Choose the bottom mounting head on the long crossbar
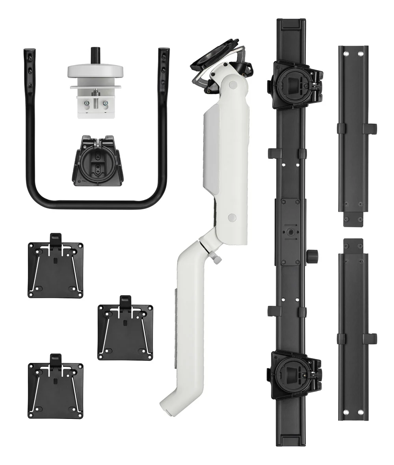tap(294, 375)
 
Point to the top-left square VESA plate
tap(56, 270)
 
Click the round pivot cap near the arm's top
tap(233, 84)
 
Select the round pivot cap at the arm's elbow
tap(231, 217)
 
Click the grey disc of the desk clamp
tap(95, 71)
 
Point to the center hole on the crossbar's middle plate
tap(290, 232)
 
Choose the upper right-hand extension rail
tap(353, 136)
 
